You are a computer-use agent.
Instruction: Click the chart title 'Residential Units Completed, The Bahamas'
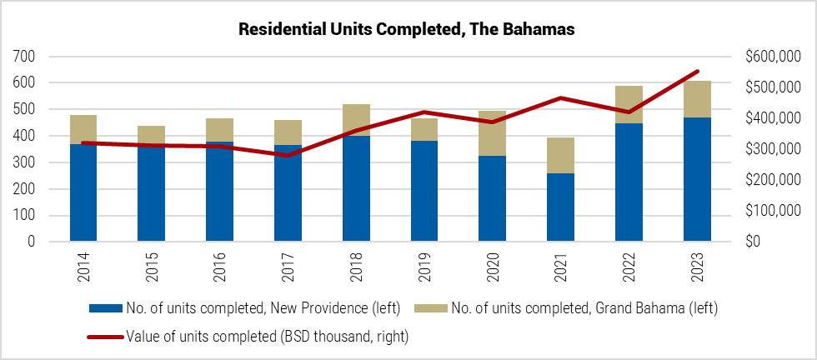408,29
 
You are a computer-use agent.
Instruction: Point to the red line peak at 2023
697,72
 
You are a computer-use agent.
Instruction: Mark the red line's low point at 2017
288,155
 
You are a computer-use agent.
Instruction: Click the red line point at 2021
561,98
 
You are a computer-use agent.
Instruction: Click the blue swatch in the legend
106,309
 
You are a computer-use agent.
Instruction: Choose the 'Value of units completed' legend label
268,337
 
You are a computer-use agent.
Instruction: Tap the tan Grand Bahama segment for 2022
629,105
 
